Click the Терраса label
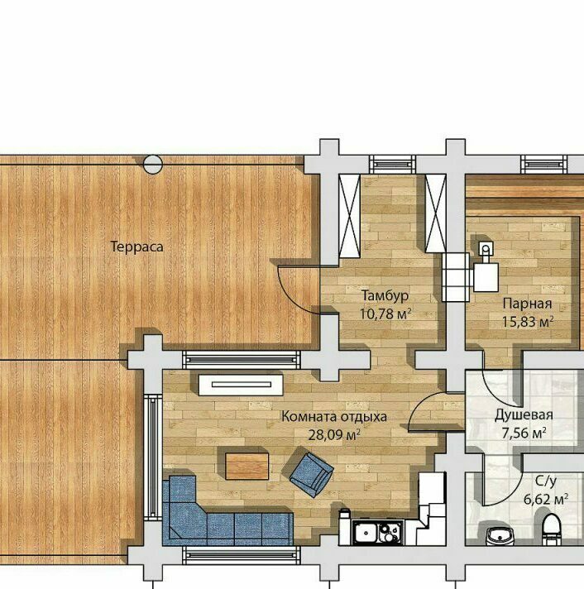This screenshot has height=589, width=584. coord(136,247)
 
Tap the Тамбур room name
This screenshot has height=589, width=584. coord(385,295)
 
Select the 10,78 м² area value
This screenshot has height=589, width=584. coord(385,314)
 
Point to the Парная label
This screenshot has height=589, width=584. coord(527,304)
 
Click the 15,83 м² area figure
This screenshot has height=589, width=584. coord(528,322)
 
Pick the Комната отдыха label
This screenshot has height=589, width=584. coord(334,417)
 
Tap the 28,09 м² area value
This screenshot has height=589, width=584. coord(334,435)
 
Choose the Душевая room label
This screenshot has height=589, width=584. coord(524,415)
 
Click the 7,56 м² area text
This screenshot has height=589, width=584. coord(524,433)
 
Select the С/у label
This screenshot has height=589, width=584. coord(546,481)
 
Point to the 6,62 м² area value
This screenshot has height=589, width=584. coord(546,499)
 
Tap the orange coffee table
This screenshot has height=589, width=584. coord(247,467)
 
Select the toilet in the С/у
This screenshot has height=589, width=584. coord(552,529)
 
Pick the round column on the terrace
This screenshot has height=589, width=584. coord(153,165)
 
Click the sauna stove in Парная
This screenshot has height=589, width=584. coord(486,277)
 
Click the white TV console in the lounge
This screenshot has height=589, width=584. coord(241,385)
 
